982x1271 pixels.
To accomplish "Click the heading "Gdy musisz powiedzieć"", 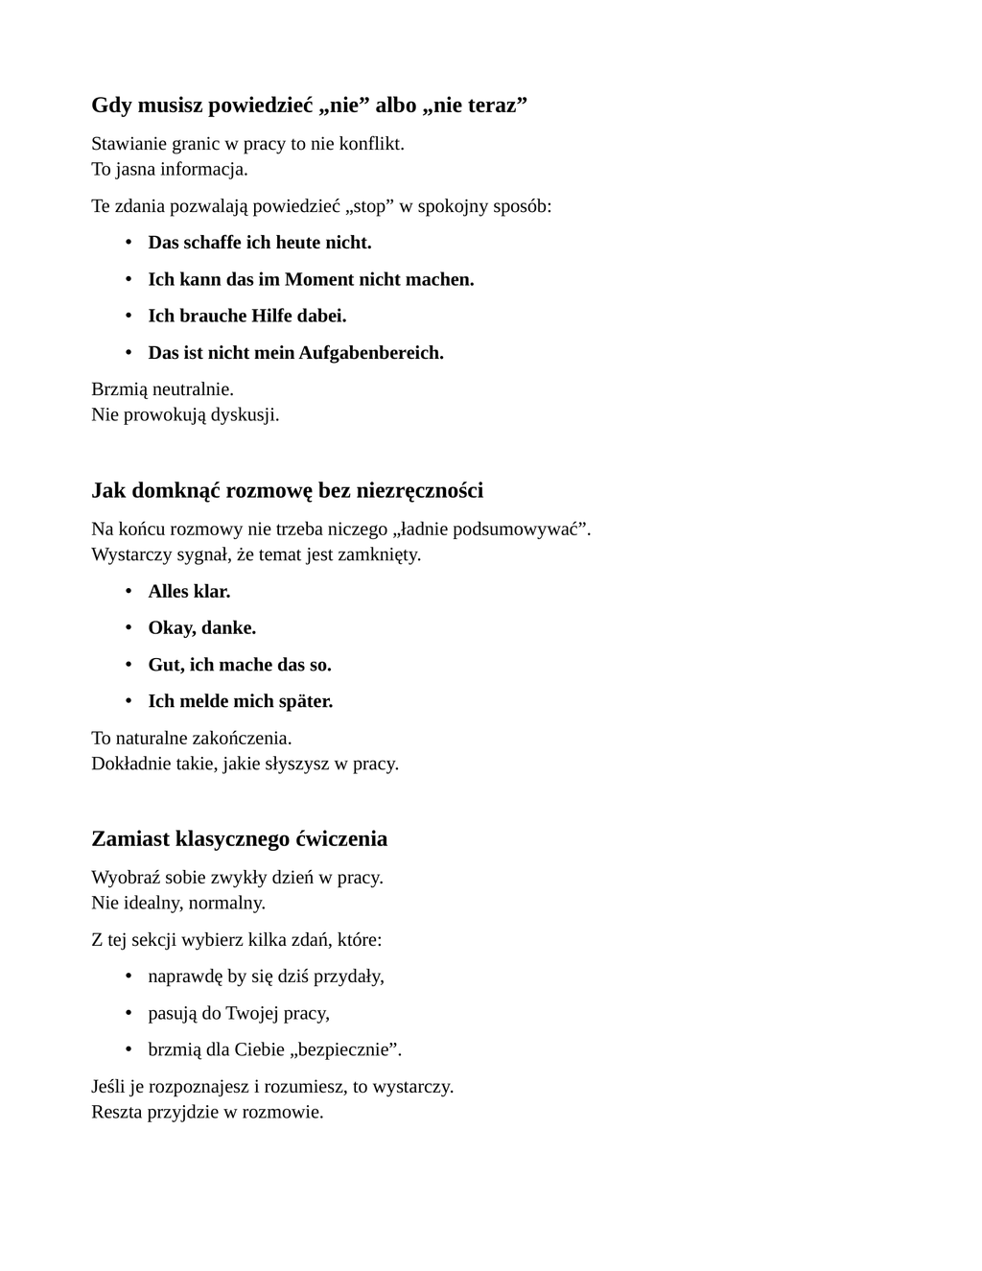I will tap(309, 105).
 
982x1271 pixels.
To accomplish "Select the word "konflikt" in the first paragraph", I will tap(370, 144).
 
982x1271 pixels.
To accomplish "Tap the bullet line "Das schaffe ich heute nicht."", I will tap(259, 243).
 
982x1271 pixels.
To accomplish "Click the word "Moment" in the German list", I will tap(319, 280).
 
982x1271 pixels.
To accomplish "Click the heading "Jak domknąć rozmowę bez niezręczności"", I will tap(287, 491).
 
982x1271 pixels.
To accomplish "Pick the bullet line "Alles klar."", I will tap(189, 592).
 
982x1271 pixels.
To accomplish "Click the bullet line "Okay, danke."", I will tap(201, 628).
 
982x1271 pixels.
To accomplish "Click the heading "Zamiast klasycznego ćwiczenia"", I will tap(239, 839).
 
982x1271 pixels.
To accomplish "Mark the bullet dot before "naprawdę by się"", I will tap(129, 976).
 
